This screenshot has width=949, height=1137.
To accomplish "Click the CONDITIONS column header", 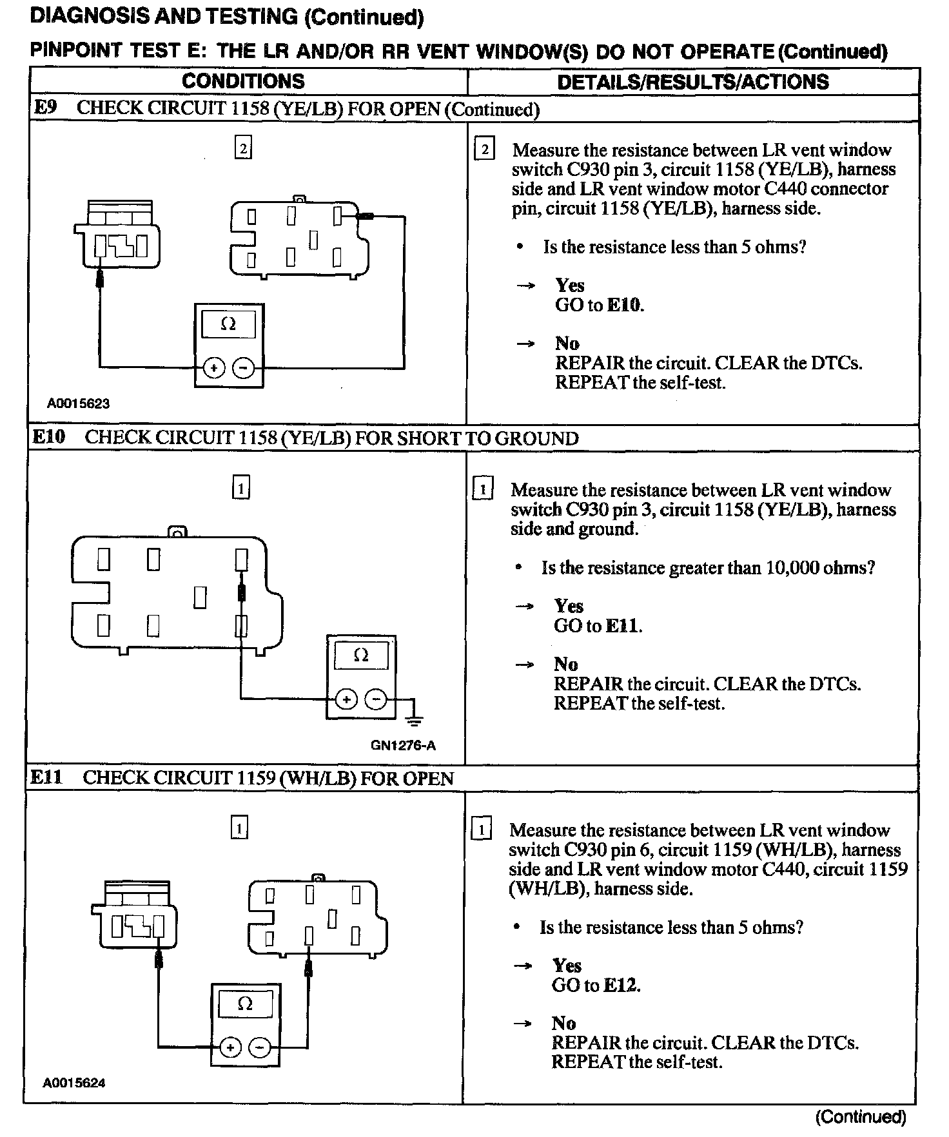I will tap(243, 81).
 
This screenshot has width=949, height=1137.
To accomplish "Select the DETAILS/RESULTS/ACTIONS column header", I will tap(692, 82).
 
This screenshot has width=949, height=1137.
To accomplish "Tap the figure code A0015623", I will tap(78, 404).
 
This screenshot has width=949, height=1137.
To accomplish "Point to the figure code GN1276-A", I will tap(403, 746).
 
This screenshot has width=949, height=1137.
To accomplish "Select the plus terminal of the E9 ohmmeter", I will tap(213, 368).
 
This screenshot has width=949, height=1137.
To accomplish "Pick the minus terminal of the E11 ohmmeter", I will tap(260, 1047).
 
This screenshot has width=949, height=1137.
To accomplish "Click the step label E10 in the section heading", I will tap(49, 438).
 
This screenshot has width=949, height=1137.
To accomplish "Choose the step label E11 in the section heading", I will tap(46, 777).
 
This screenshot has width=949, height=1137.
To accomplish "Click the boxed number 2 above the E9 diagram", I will tap(242, 149).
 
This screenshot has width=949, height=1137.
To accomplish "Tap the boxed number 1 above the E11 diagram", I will tap(239, 828).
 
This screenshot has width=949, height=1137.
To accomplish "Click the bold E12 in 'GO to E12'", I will tap(621, 986).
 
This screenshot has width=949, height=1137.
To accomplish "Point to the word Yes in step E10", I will tap(568, 607).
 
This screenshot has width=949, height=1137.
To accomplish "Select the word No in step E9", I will tap(567, 344).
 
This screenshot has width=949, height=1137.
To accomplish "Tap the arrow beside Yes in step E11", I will tap(522, 966).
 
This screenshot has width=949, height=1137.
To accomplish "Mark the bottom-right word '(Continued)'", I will tap(860, 1117).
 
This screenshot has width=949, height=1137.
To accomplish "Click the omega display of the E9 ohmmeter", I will tap(228, 324).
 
